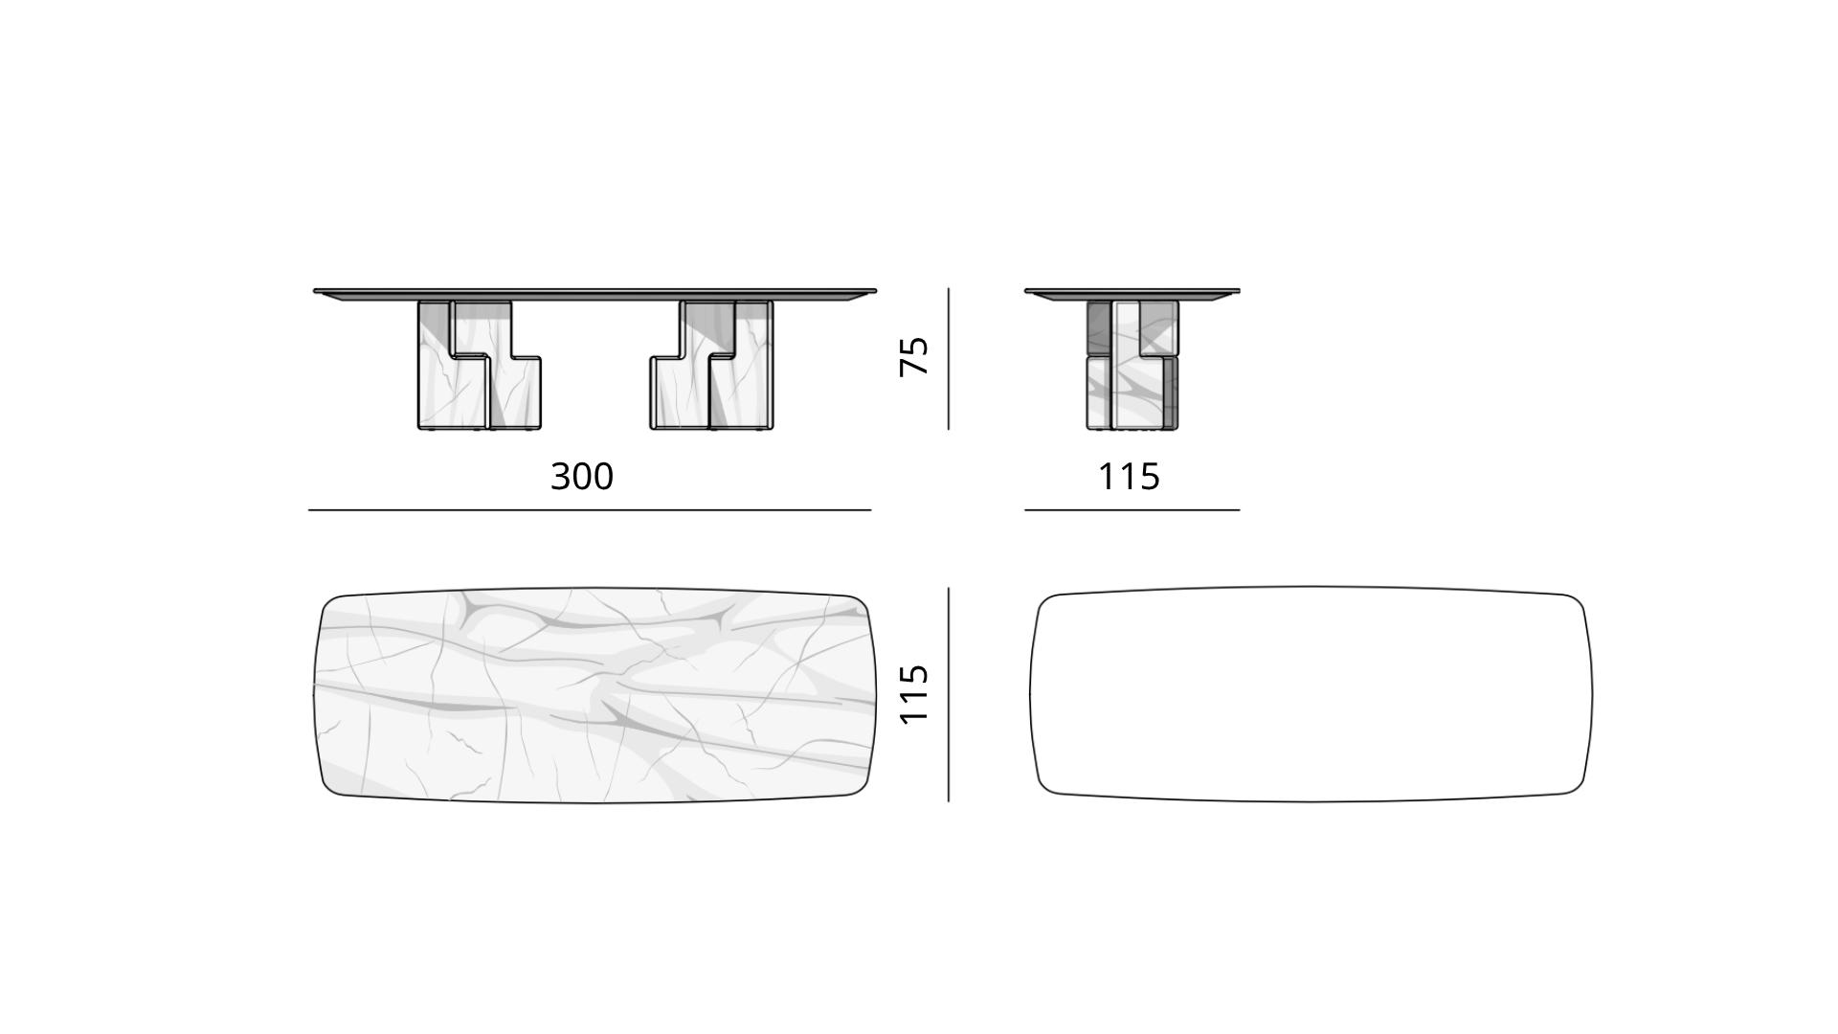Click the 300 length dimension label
tap(582, 476)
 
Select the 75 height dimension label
tap(915, 356)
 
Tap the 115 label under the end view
tap(1129, 476)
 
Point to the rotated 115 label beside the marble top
tap(915, 693)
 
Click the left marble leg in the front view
tap(479, 365)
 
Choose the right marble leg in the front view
tap(711, 365)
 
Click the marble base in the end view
tap(1132, 365)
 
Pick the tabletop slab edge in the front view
tap(594, 294)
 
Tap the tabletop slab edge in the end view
tap(1132, 294)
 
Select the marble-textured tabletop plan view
tap(594, 694)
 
